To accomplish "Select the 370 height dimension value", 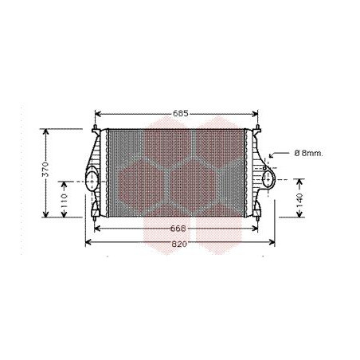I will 46,170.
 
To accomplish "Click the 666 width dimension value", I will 180,229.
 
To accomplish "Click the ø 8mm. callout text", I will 307,153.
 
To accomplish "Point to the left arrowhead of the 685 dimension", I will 98,114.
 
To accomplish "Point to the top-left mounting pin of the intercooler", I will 96,127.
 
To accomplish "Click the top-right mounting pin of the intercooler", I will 260,127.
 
